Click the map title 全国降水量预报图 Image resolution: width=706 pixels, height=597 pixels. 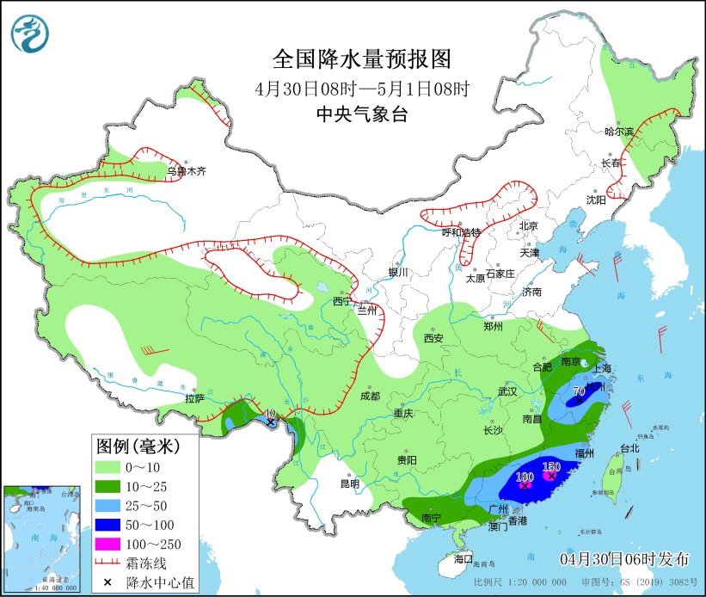coord(361,58)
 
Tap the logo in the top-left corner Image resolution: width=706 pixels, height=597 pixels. coord(30,34)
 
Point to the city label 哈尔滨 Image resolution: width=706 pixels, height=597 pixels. coord(618,132)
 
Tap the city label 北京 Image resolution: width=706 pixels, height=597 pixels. coord(527,226)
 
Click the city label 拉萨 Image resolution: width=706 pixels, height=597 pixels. coord(194,398)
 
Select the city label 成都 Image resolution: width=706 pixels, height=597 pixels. coord(371,397)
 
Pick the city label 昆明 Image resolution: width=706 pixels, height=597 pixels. coord(350,483)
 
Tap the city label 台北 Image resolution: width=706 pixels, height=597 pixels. coord(629,448)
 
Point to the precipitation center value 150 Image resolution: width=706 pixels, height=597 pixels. coord(551,467)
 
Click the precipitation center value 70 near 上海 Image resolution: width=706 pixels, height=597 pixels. coord(579,391)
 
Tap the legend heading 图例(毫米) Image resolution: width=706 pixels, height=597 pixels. coord(137,446)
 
